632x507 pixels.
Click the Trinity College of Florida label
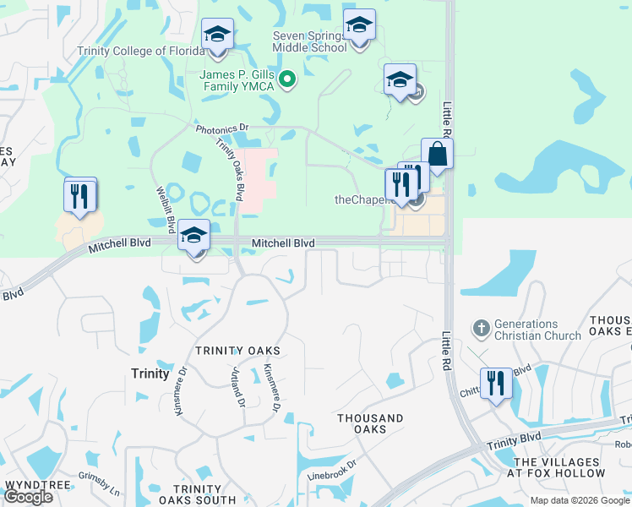141,51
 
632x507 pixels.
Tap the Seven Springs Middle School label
309,41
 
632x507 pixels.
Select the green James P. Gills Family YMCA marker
287,80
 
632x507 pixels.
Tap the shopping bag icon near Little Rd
438,154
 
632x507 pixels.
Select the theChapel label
365,199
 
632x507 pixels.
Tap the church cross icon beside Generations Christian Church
481,327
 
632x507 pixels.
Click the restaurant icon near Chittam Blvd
496,383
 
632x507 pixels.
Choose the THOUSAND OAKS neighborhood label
370,423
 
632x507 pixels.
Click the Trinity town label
150,373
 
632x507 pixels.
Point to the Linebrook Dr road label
333,470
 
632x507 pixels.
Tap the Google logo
28,497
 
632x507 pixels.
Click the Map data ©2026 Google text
578,499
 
